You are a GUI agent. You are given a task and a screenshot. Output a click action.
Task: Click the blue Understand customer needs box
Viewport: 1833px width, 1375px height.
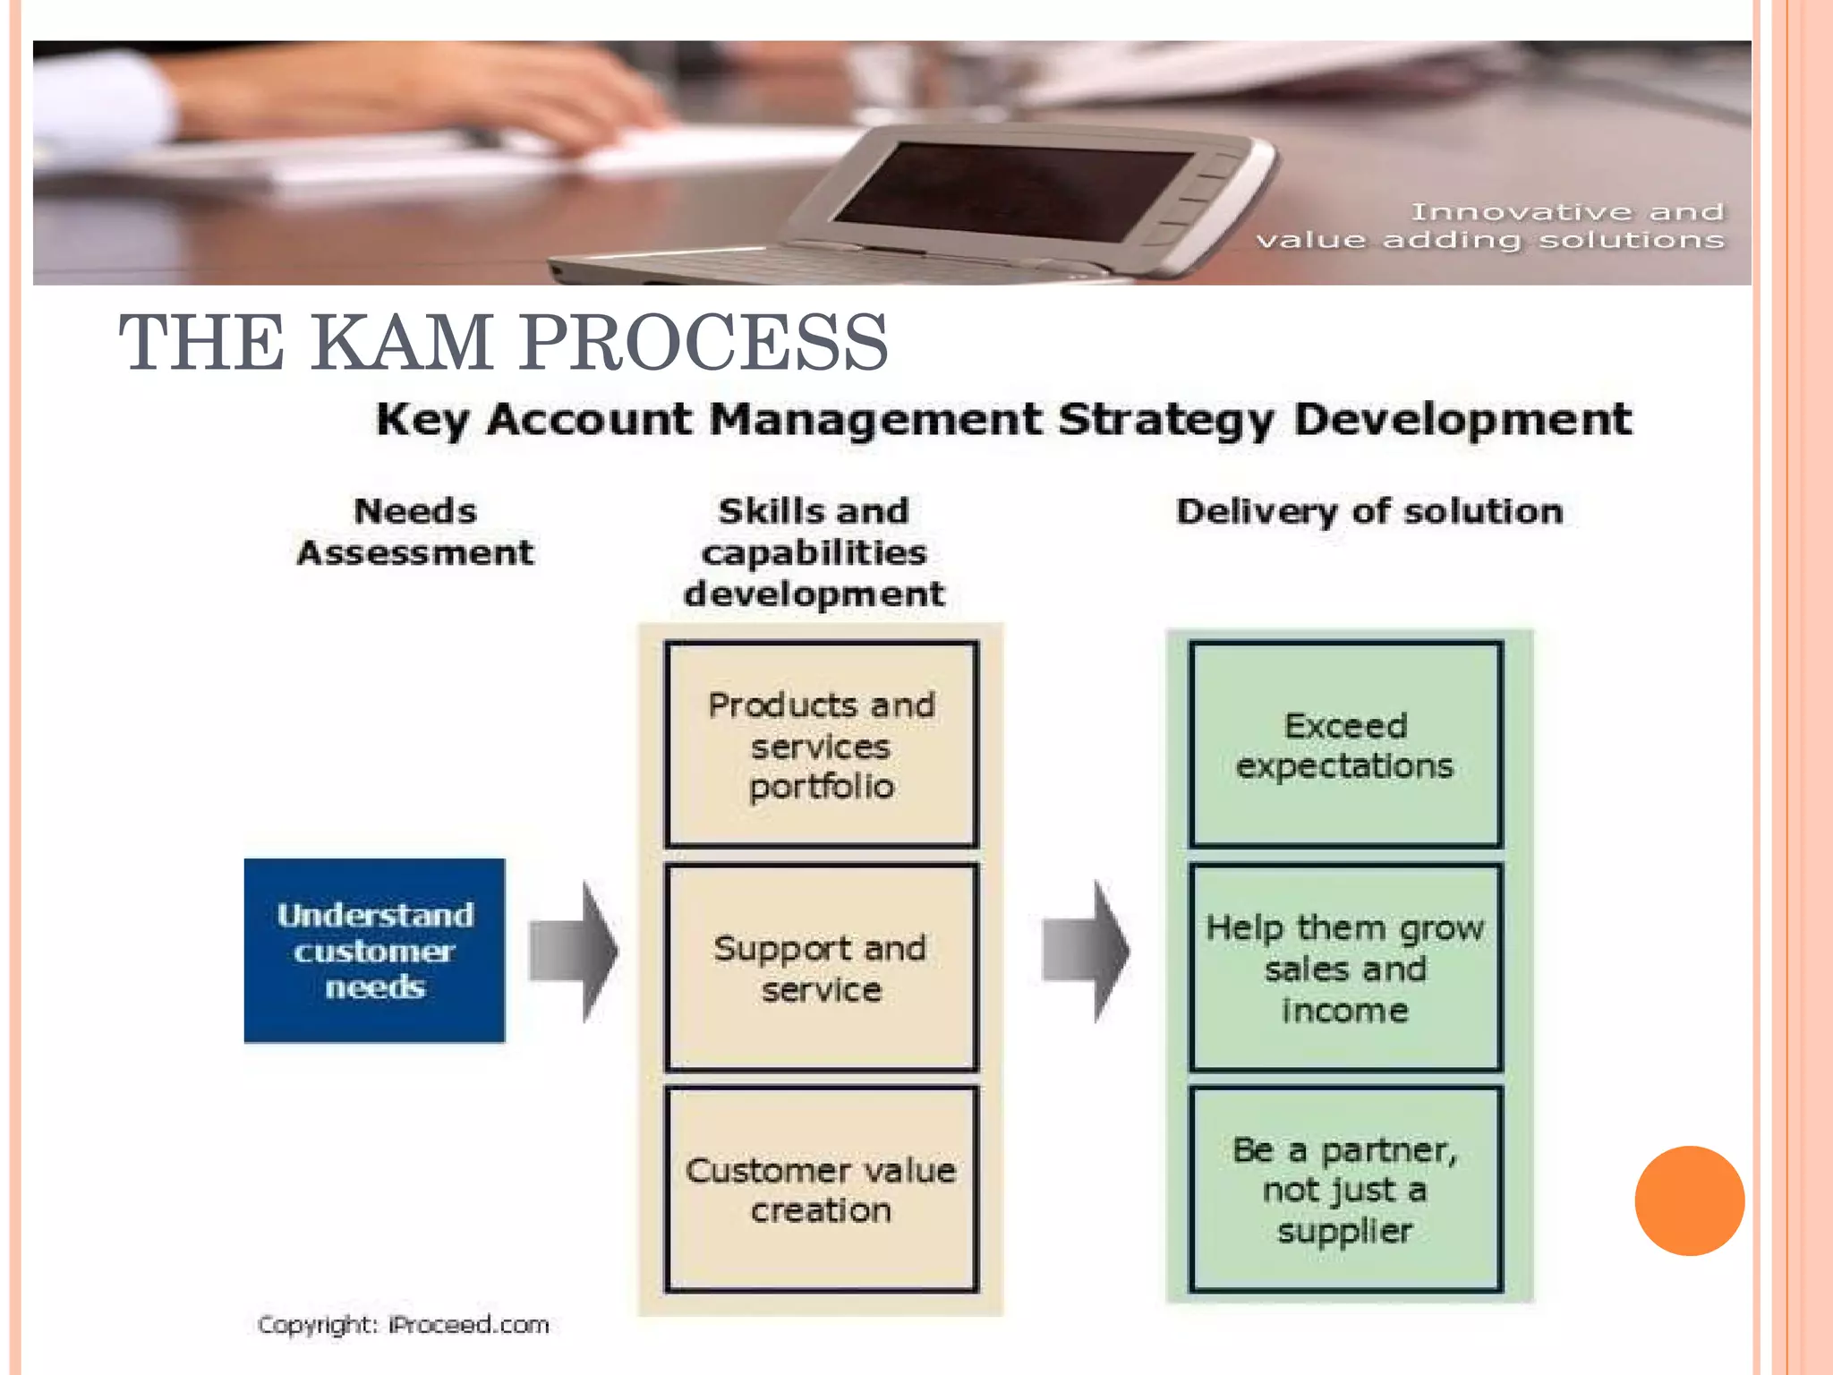(x=374, y=950)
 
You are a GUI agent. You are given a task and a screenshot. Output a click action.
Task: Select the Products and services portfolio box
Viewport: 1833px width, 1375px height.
(x=821, y=745)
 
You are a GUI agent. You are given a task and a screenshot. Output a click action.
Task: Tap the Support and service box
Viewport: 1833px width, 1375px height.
(x=821, y=968)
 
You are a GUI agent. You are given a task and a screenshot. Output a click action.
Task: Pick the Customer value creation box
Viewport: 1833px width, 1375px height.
(x=821, y=1190)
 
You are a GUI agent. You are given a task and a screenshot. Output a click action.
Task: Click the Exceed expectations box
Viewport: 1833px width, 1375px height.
(x=1345, y=745)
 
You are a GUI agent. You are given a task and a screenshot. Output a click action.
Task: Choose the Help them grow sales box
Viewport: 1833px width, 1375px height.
(x=1345, y=968)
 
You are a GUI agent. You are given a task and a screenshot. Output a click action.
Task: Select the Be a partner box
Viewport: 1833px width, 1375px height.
(x=1345, y=1190)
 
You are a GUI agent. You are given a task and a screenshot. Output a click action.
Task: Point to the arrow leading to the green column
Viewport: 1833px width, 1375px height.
(x=1087, y=951)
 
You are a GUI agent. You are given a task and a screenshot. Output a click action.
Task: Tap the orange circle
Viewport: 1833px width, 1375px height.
(x=1689, y=1200)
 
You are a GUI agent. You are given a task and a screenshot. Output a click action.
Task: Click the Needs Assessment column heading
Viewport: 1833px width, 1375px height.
(x=415, y=532)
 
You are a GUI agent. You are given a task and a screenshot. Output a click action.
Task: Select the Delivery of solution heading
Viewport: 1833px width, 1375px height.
(x=1369, y=511)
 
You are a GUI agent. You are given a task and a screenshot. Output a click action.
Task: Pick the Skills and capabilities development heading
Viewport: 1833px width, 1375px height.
(x=814, y=552)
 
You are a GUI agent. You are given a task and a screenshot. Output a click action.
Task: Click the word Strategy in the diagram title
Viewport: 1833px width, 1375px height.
(x=1165, y=420)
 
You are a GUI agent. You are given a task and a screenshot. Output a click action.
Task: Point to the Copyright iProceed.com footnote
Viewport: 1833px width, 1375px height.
(x=403, y=1324)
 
